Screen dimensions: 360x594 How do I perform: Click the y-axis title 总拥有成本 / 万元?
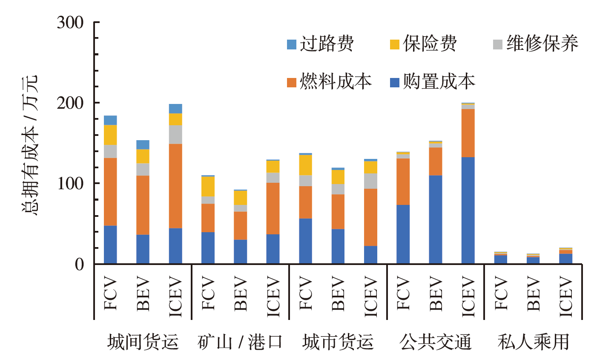31,145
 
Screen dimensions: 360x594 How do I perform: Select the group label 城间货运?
143,342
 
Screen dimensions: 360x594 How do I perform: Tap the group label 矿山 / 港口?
240,342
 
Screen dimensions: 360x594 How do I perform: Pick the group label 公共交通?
436,342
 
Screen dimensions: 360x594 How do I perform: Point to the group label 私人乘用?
533,342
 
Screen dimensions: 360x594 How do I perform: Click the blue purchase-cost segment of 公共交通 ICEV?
468,210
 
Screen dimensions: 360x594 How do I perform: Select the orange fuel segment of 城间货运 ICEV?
175,186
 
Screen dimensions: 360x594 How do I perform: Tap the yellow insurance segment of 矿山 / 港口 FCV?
208,186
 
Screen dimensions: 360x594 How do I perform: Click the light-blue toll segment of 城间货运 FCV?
110,120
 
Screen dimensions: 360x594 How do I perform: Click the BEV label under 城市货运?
338,294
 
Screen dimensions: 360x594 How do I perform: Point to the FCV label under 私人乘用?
500,294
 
